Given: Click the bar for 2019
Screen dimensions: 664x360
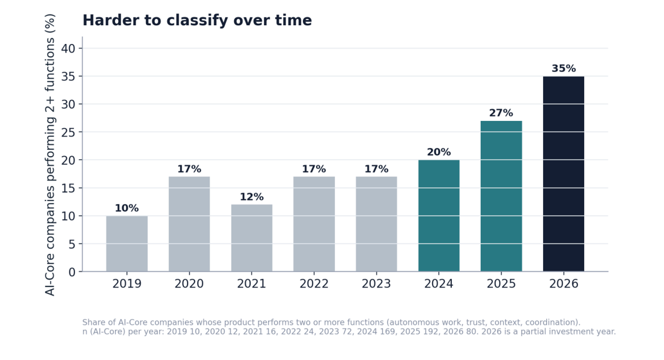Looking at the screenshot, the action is click(x=127, y=244).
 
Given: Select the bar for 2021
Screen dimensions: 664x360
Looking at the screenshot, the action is click(x=251, y=238).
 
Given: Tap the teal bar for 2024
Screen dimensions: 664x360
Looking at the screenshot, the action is click(x=439, y=216).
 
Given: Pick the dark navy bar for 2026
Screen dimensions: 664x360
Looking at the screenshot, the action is click(x=564, y=174).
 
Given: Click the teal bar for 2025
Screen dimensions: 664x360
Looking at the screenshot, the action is click(x=501, y=196).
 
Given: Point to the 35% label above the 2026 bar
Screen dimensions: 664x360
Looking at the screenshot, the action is click(x=564, y=69).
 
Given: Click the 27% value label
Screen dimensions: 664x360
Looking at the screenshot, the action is click(x=501, y=113).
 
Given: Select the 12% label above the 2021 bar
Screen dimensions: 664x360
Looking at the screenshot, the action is click(x=251, y=197).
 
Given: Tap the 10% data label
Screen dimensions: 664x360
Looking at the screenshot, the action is click(x=127, y=208).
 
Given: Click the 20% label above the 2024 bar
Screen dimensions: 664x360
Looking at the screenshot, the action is click(x=439, y=152).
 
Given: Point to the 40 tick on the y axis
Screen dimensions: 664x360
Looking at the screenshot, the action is click(x=68, y=48).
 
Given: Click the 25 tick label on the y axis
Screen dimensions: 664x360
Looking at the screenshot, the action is click(x=68, y=132).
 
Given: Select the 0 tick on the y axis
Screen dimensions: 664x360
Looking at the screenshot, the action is click(x=72, y=272).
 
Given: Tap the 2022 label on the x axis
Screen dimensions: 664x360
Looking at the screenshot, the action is click(x=314, y=284).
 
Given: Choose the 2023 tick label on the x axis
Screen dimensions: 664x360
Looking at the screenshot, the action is click(x=376, y=284).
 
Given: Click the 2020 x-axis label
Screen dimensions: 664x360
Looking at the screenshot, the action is click(x=189, y=284).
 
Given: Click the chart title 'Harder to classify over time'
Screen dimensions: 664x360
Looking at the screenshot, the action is click(x=197, y=20).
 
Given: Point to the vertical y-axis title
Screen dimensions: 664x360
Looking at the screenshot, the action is click(x=50, y=155).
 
